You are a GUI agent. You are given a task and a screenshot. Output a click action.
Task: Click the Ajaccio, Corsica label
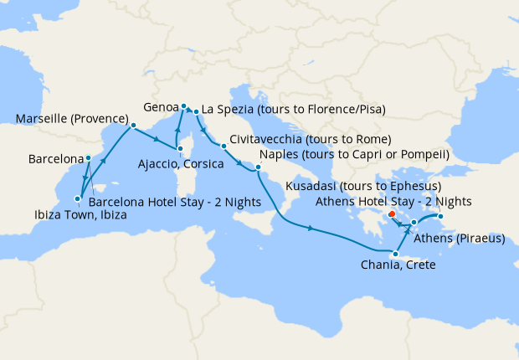(181, 164)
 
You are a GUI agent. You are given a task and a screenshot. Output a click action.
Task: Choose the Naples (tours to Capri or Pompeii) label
(355, 155)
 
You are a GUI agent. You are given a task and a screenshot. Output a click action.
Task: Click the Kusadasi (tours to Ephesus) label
(364, 185)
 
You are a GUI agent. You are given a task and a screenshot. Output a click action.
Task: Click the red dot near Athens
(392, 213)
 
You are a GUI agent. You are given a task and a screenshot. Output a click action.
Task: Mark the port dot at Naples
(259, 167)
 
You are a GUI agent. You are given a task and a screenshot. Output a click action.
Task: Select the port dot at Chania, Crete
(395, 253)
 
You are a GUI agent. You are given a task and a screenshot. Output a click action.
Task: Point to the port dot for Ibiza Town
(77, 198)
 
